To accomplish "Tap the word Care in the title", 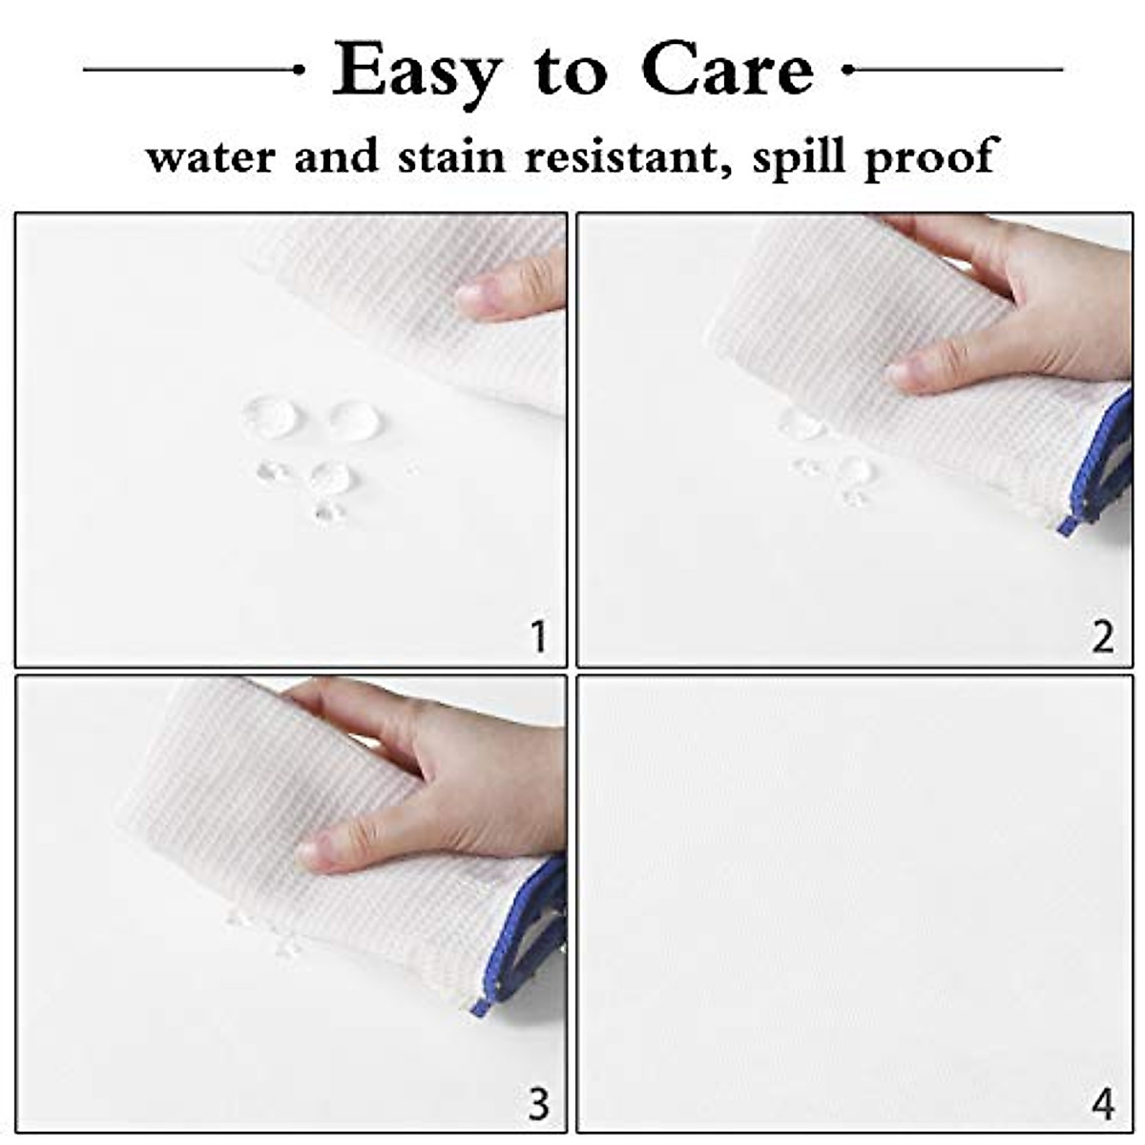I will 728,70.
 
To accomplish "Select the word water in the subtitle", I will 208,156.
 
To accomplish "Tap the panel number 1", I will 539,636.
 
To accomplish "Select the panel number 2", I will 1102,636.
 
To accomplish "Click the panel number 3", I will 539,1103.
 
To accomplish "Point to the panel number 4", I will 1103,1104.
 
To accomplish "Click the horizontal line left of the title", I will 191,70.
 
